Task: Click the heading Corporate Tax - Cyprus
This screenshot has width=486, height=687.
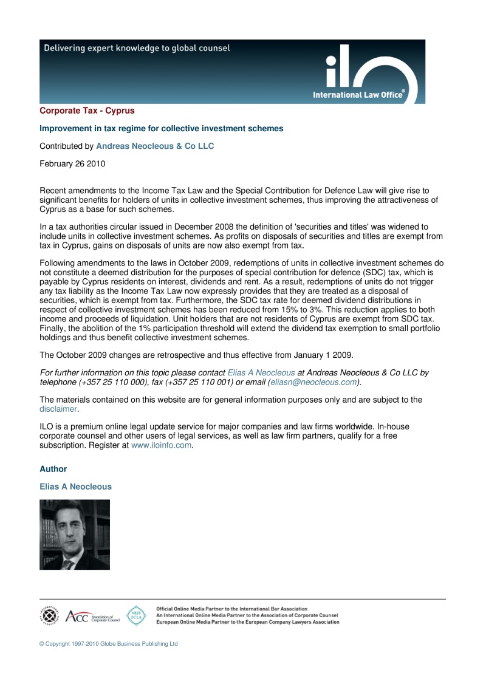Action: click(87, 111)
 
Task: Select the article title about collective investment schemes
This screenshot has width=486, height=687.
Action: click(161, 129)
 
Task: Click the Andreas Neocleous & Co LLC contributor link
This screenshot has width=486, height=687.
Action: click(155, 146)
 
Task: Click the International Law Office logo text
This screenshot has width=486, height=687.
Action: click(358, 95)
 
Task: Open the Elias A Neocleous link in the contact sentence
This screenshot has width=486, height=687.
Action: click(261, 373)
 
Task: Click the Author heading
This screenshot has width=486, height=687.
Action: click(53, 470)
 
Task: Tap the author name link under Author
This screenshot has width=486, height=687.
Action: click(75, 487)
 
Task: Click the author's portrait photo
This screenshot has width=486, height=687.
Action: click(75, 535)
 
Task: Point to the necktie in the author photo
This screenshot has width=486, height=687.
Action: click(68, 564)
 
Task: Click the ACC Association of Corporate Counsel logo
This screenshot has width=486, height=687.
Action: click(92, 617)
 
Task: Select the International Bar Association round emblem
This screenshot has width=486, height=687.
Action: click(50, 616)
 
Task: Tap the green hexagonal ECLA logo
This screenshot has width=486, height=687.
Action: click(135, 615)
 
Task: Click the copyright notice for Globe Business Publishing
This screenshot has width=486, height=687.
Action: click(109, 644)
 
